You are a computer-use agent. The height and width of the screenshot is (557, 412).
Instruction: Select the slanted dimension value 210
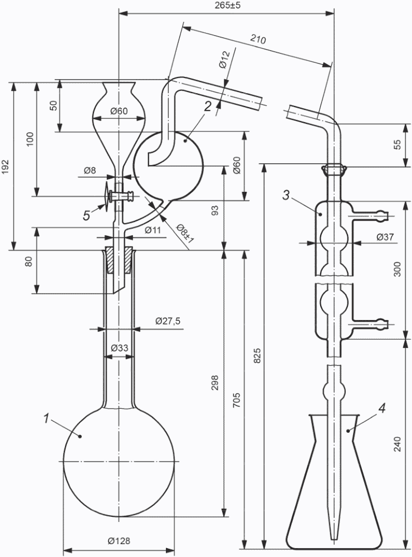[x=258, y=39]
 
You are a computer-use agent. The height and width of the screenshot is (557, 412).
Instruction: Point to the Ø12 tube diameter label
[x=224, y=60]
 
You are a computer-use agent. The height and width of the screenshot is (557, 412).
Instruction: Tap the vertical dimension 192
[x=6, y=166]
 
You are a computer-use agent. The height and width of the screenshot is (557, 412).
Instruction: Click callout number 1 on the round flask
[x=46, y=419]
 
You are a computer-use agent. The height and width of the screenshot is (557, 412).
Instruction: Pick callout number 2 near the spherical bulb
[x=208, y=106]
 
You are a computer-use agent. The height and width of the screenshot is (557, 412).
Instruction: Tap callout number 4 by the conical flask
[x=381, y=408]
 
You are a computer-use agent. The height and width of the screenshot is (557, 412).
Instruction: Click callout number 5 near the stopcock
[x=87, y=216]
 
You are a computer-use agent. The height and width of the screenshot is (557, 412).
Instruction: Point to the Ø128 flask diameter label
[x=119, y=541]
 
